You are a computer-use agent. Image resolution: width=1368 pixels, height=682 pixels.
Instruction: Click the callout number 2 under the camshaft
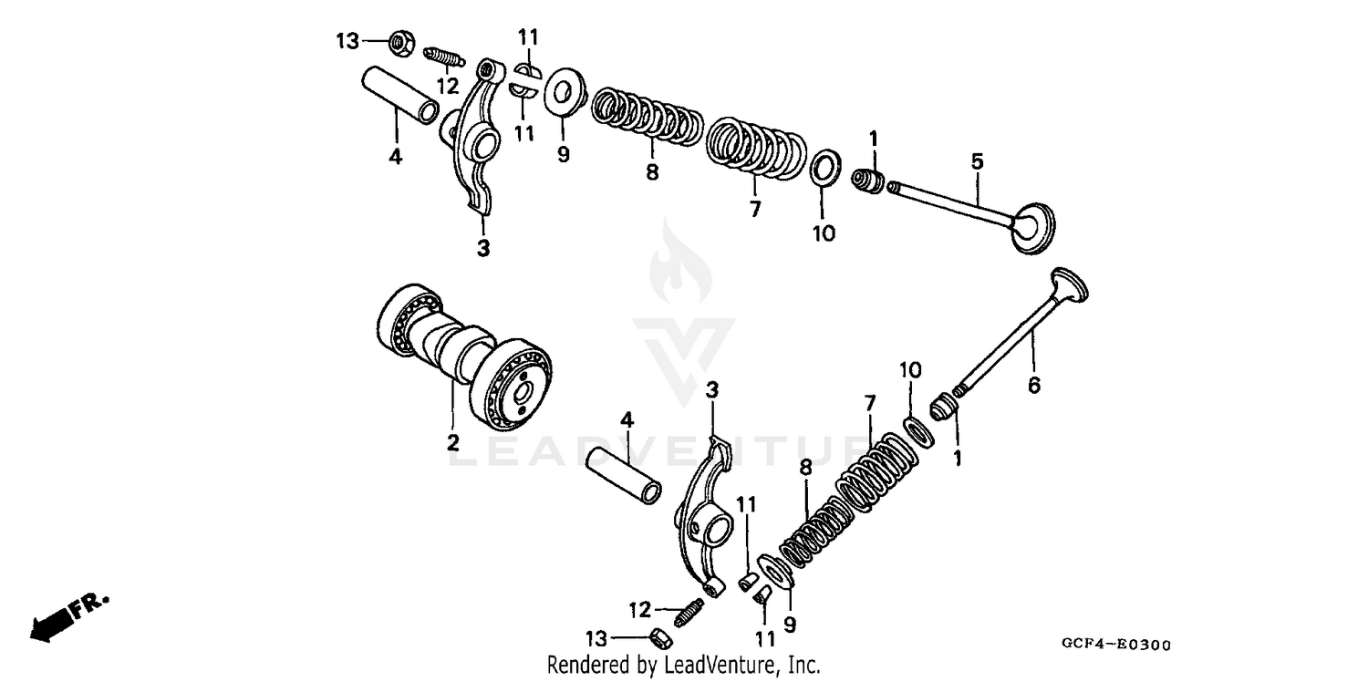pyautogui.click(x=452, y=443)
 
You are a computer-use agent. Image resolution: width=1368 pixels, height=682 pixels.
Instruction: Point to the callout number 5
pyautogui.click(x=977, y=162)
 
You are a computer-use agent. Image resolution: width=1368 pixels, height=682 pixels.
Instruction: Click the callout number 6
pyautogui.click(x=1033, y=386)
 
